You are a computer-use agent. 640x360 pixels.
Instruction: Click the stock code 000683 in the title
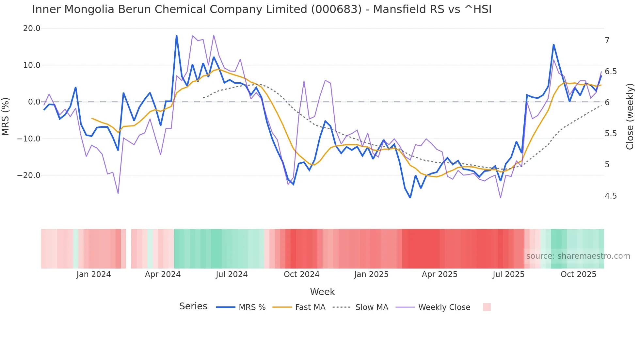(336, 9)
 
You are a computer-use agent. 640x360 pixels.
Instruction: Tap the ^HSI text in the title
(478, 9)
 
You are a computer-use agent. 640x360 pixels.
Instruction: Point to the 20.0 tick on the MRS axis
(32, 28)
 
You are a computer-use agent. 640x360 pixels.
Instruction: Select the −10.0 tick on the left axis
(29, 139)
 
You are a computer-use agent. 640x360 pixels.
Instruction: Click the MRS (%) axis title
(6, 117)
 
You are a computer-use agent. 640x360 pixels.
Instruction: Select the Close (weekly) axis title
(630, 117)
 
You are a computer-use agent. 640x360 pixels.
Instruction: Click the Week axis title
(322, 292)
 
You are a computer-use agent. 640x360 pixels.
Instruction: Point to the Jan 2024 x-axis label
(94, 274)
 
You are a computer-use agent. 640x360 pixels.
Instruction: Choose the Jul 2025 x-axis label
(508, 274)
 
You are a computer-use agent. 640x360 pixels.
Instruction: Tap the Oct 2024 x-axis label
(301, 274)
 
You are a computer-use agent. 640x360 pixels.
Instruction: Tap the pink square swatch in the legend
(487, 307)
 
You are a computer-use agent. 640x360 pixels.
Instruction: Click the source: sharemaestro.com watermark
(578, 256)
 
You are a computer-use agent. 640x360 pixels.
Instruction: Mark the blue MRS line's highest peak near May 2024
(177, 36)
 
